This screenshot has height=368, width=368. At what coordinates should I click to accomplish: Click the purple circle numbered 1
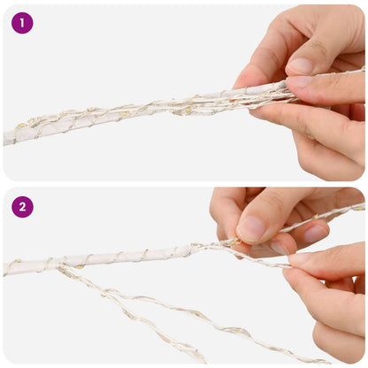point(22,23)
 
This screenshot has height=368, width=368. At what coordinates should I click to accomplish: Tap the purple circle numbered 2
point(22,207)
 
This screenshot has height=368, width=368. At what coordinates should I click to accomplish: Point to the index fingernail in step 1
point(299,81)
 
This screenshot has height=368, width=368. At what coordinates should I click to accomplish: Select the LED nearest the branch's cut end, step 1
point(21,126)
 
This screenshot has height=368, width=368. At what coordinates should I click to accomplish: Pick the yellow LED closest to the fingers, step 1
point(188,111)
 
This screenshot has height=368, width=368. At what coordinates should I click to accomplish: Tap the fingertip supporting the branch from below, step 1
point(258,112)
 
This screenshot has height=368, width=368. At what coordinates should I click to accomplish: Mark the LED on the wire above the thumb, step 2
point(316,218)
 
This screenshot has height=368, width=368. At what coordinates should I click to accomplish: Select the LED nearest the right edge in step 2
point(360,209)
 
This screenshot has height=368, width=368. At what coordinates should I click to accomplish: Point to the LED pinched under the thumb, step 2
point(234,242)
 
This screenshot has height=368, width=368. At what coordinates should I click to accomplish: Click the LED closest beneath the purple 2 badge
point(19,261)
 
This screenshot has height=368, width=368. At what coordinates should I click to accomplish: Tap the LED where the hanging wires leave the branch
point(80,267)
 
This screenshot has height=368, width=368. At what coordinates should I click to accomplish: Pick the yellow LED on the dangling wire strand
point(237,330)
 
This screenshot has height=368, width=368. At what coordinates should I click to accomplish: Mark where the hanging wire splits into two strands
point(105,293)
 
